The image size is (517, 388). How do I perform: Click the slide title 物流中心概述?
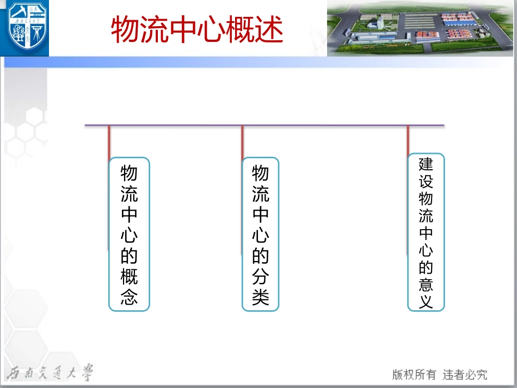point(197,29)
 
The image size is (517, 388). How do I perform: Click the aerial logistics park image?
point(420,28)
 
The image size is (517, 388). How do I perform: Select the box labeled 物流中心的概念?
point(129,234)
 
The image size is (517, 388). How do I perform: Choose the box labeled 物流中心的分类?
point(260,234)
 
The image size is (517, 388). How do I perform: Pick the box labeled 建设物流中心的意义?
point(426,232)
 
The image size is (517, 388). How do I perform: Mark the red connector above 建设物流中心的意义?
point(408,140)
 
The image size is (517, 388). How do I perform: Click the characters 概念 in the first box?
point(129,287)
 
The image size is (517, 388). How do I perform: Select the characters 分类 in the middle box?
point(260,287)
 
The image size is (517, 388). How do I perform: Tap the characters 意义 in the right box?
point(426,293)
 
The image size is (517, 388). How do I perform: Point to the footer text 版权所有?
point(414,374)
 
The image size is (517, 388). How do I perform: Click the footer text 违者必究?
point(465,374)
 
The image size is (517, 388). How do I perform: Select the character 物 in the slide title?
point(125,29)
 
